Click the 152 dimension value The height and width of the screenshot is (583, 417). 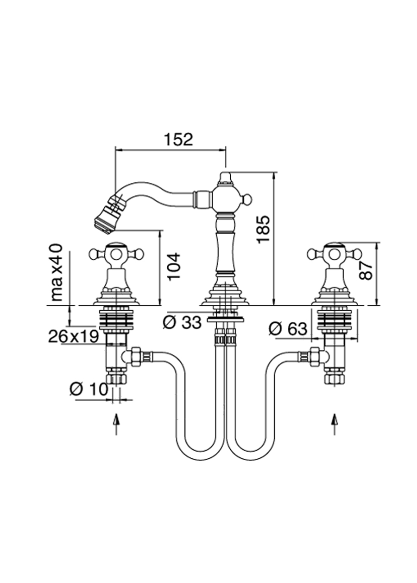pos(177,139)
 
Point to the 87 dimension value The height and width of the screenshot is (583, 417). pos(366,269)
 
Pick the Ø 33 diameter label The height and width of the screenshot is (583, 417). pos(182,322)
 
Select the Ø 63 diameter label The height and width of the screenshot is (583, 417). pos(288,329)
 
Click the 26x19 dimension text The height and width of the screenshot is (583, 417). pos(73,337)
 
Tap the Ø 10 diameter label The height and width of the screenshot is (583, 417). pos(88,388)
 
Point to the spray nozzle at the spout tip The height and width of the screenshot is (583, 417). pos(107,215)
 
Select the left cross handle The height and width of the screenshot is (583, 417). pos(116,253)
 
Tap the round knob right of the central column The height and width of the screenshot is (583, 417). pos(247,199)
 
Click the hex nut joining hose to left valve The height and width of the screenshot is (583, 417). pos(136,357)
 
